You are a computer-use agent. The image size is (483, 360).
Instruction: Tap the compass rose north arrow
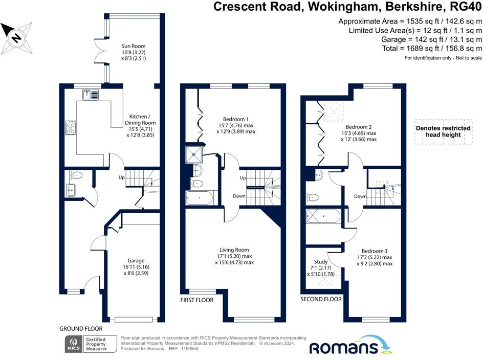(16, 38)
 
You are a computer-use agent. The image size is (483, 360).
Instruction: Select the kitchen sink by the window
(91, 95)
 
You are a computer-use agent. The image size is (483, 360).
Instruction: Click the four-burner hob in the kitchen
(71, 127)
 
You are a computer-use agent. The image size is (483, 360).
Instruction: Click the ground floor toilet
(76, 175)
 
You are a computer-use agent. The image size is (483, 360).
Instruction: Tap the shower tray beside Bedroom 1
(194, 154)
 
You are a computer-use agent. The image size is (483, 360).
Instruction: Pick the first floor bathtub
(200, 198)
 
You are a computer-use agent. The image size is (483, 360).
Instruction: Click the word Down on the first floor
(239, 196)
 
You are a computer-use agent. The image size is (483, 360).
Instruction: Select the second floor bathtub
(323, 216)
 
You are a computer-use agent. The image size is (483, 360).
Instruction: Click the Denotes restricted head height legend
(443, 131)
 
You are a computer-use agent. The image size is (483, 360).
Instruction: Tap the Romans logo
(350, 345)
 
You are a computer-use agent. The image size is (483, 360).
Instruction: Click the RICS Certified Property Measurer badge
(91, 344)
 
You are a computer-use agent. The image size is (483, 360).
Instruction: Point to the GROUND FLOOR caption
(81, 329)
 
